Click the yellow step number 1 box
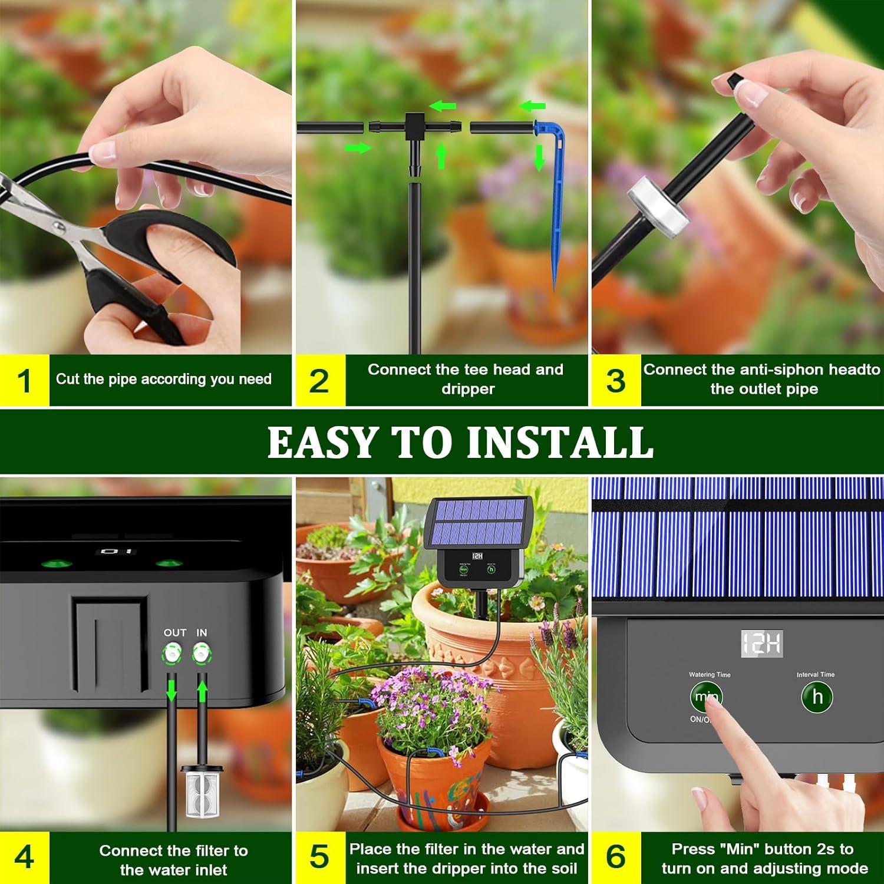(24, 380)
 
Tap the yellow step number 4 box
(24, 857)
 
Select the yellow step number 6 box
(615, 857)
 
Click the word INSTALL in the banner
(560, 442)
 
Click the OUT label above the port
(175, 632)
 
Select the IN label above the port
(202, 632)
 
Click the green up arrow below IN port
(203, 690)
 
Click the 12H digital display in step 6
(761, 645)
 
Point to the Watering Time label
(710, 675)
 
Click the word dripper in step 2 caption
(467, 389)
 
